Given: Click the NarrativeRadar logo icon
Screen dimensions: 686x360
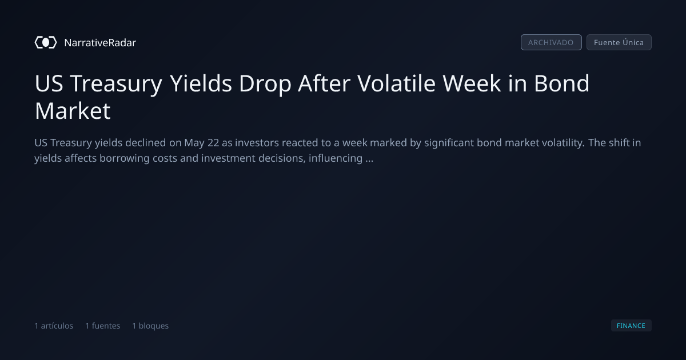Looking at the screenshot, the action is pyautogui.click(x=46, y=42).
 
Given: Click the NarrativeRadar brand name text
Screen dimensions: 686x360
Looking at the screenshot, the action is pyautogui.click(x=100, y=43).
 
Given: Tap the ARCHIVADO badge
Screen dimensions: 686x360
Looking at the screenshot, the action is pyautogui.click(x=551, y=42).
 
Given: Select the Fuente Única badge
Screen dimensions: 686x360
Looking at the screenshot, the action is pyautogui.click(x=619, y=42).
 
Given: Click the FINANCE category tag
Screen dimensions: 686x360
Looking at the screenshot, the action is pyautogui.click(x=631, y=326).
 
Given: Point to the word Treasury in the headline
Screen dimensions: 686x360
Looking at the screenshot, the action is pyautogui.click(x=116, y=84).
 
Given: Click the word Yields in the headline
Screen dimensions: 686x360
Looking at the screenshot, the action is pyautogui.click(x=201, y=83).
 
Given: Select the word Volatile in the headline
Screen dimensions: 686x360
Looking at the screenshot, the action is pyautogui.click(x=396, y=83).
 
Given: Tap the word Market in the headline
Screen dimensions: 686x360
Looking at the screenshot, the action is pyautogui.click(x=73, y=111).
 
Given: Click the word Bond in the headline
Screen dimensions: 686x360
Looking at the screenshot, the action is pyautogui.click(x=561, y=83).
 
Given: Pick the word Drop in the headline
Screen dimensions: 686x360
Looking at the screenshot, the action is pyautogui.click(x=265, y=84).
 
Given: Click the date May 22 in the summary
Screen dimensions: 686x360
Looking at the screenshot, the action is pyautogui.click(x=201, y=143).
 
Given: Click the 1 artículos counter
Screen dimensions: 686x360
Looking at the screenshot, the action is pyautogui.click(x=54, y=326).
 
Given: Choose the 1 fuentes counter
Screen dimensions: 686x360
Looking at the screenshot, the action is pyautogui.click(x=103, y=326).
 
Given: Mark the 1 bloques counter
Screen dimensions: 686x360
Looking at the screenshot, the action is pyautogui.click(x=150, y=326).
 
